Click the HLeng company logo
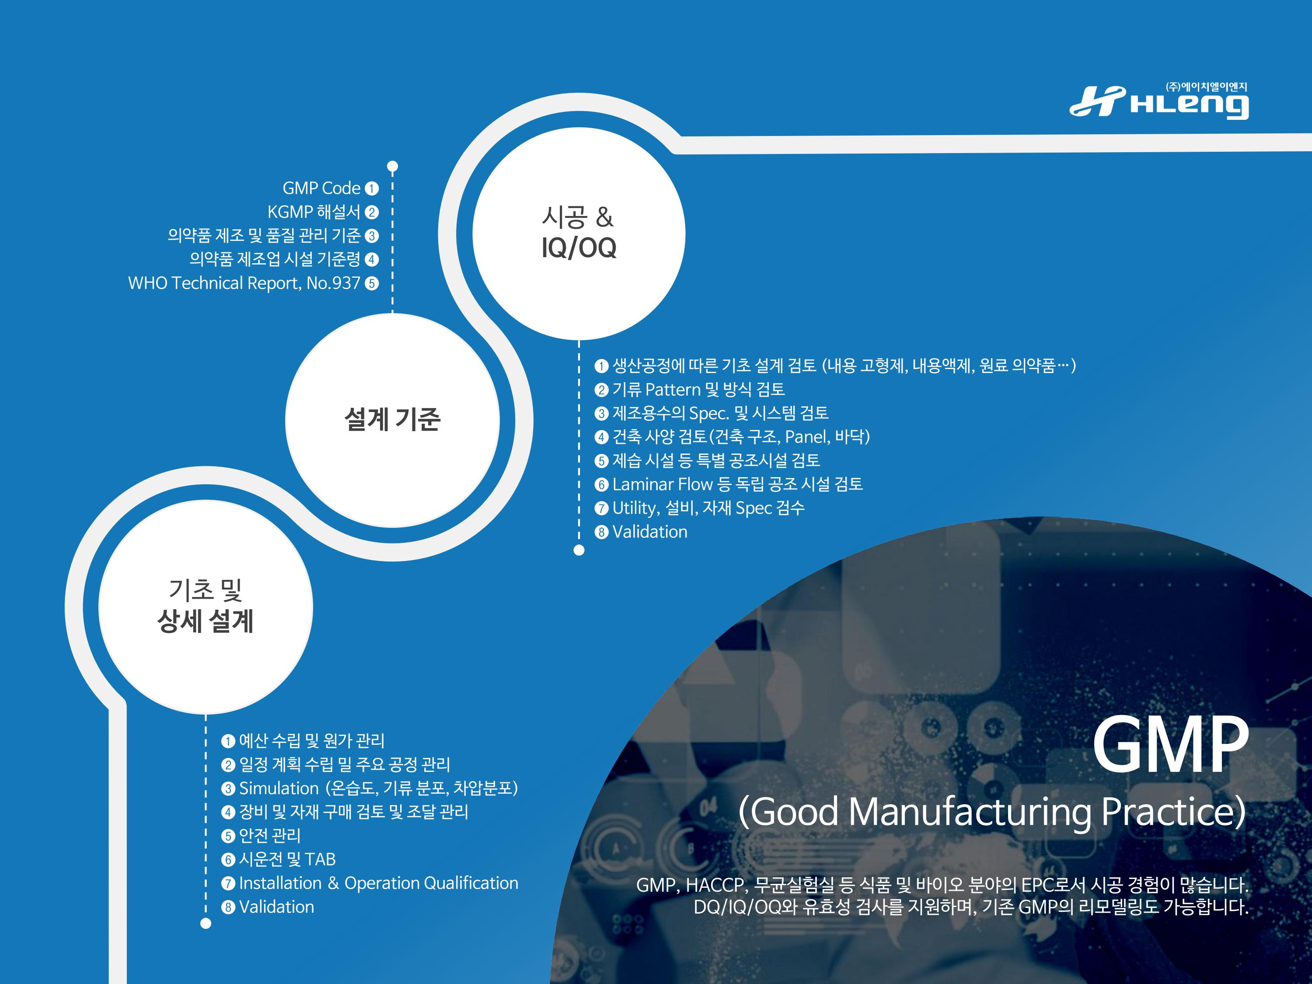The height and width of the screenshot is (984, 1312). coord(1159,101)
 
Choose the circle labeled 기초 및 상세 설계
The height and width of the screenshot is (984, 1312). coord(205,607)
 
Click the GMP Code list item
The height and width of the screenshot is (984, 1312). coord(330,188)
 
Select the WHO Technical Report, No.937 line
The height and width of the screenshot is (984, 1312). coord(253,283)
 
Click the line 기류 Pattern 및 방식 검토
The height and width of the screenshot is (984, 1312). coord(690,390)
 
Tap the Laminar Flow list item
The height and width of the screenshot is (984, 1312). coord(728,485)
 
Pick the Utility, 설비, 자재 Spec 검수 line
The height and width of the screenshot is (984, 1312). coord(699,508)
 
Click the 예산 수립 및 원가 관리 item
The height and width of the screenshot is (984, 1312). coord(303,741)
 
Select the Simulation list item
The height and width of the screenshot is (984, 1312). coord(370,788)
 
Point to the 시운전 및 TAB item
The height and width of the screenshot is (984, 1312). coord(278,859)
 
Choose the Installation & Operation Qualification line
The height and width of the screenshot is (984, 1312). coord(370,883)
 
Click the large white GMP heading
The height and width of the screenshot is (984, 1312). coord(1170,744)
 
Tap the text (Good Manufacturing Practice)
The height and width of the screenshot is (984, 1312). coord(992,811)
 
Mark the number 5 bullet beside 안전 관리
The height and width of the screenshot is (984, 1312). coord(228,836)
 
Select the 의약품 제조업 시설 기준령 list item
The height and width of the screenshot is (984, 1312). coord(283,260)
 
